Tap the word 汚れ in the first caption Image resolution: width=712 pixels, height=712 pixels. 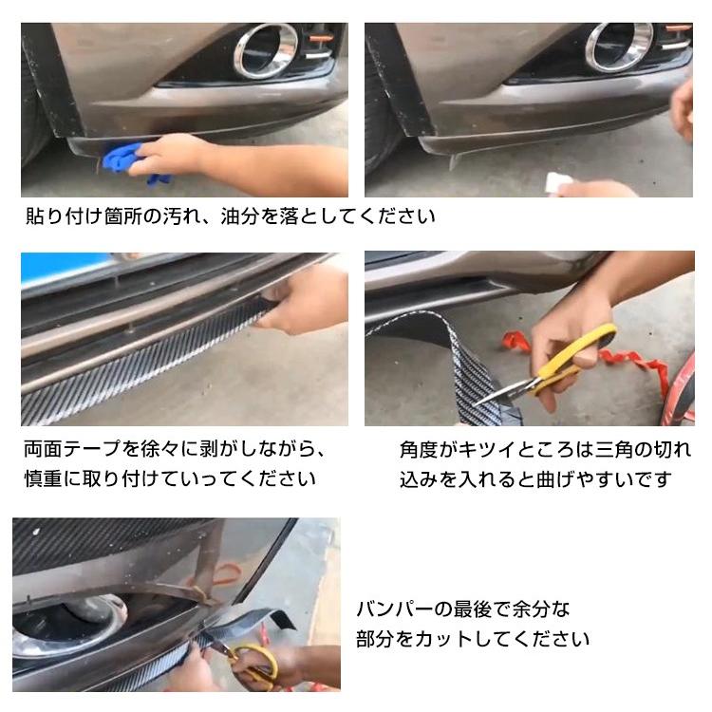(x=185, y=216)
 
